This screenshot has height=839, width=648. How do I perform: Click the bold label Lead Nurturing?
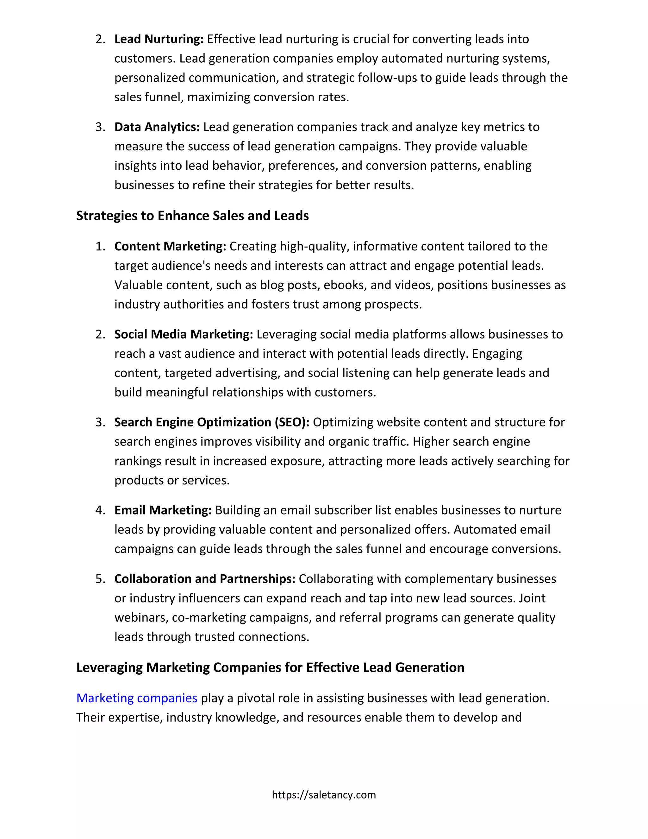159,39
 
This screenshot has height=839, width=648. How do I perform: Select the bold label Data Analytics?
157,127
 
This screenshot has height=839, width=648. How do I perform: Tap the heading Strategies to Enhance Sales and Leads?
192,216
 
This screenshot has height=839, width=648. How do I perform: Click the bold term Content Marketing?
170,246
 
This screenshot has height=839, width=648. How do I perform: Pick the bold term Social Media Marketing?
184,334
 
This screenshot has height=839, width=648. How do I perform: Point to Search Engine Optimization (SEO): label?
212,422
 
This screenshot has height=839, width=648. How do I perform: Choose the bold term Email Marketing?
163,510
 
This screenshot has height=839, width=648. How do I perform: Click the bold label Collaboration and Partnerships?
205,579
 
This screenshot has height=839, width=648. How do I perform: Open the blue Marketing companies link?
137,698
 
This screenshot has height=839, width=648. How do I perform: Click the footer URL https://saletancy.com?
324,795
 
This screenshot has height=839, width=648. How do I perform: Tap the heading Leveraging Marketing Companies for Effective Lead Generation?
270,668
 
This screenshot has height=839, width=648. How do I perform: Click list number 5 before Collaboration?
100,579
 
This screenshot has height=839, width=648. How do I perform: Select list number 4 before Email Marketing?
100,510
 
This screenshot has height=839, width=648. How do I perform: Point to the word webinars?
141,618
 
